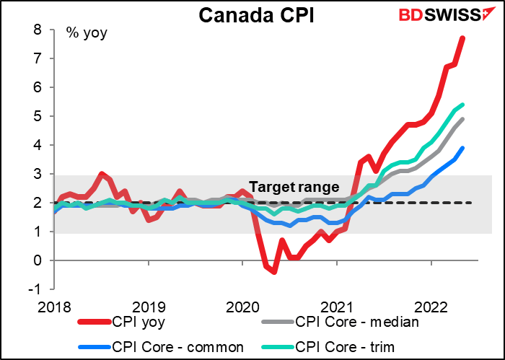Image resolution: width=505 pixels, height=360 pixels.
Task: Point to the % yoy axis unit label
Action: [86, 32]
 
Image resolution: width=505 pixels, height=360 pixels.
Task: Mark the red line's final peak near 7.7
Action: [463, 38]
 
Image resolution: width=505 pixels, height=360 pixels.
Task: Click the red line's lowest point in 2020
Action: [274, 271]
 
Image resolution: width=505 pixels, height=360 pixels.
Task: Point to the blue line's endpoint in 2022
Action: [463, 148]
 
